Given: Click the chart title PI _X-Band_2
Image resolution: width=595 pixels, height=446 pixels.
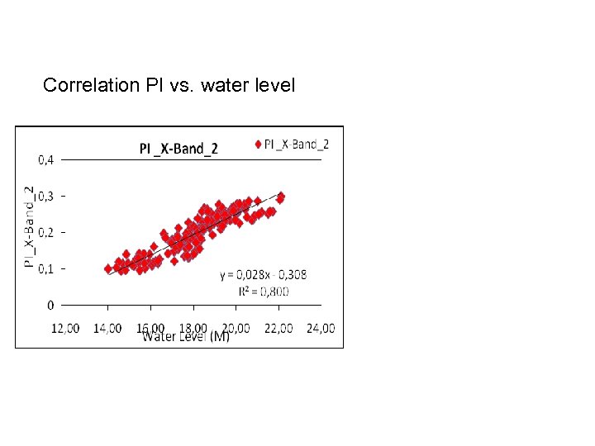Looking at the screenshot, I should click(178, 149).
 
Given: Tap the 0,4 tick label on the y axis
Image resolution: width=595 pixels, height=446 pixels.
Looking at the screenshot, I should click(48, 159).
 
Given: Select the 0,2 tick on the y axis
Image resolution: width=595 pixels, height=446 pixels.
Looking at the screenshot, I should click(48, 232).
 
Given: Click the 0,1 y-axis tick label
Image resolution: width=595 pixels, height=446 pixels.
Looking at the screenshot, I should click(48, 268).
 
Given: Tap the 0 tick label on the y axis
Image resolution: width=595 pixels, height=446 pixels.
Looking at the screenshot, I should click(50, 306).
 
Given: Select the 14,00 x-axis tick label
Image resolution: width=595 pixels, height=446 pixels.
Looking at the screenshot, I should click(108, 328).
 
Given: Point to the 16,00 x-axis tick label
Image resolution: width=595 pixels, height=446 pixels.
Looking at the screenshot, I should click(151, 328).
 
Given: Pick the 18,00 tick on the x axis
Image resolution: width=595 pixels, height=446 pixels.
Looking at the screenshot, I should click(193, 328).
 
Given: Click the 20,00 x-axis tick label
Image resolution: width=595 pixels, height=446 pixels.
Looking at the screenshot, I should click(236, 328).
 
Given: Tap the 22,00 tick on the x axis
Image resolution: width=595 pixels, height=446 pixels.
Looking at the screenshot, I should click(278, 328).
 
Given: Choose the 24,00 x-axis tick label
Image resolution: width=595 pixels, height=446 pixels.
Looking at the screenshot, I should click(320, 328).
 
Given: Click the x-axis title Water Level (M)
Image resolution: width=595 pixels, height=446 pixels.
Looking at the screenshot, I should click(187, 337).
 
